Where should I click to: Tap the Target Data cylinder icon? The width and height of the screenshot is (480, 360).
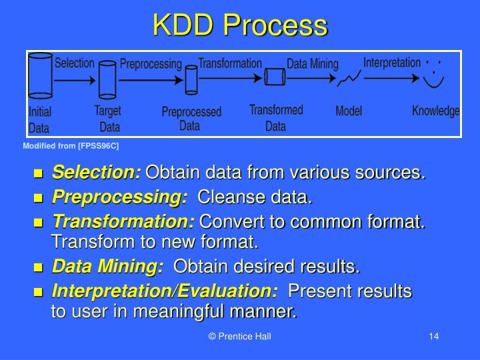pos(107,80)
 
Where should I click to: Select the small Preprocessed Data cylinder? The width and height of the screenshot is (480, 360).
pos(191,79)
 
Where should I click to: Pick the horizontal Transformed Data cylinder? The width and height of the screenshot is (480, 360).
pos(275,77)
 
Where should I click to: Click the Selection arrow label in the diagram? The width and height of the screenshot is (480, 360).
pos(74,63)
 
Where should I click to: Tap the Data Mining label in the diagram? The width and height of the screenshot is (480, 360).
pos(313,64)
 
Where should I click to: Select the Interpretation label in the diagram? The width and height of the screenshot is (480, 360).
pos(392,63)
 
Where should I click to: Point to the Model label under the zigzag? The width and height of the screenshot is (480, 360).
pos(349,111)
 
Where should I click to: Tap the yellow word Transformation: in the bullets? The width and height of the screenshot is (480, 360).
pos(123,221)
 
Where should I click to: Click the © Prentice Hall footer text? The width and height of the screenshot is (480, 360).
pos(239,337)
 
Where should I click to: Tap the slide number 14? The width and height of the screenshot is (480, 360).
pos(433,337)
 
